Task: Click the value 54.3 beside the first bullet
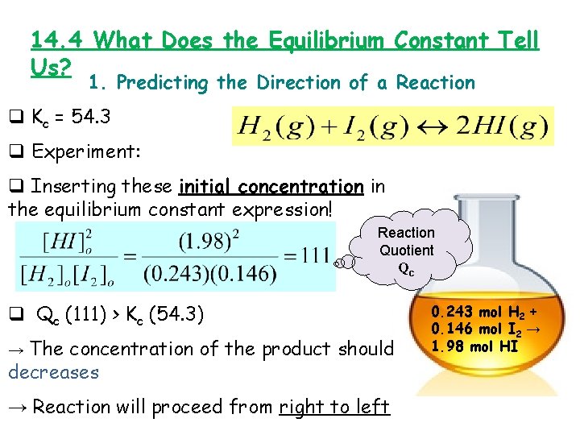pyautogui.click(x=91, y=117)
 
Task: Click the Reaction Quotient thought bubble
pyautogui.click(x=406, y=251)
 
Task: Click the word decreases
pyautogui.click(x=53, y=372)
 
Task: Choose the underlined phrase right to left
pyautogui.click(x=334, y=407)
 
